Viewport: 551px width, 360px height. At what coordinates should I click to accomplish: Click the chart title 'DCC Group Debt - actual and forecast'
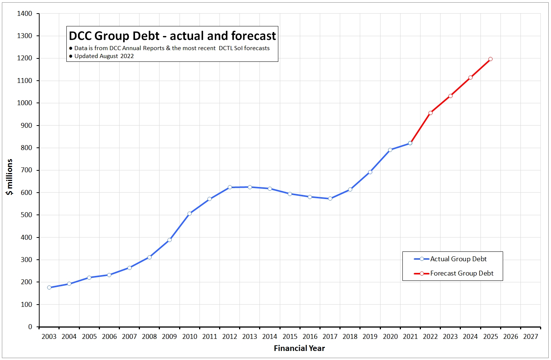(172, 36)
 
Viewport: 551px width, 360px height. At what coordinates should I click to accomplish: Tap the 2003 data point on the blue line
(49, 287)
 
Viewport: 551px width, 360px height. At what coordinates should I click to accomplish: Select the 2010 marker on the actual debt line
(189, 213)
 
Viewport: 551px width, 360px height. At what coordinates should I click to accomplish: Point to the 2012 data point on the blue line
(230, 187)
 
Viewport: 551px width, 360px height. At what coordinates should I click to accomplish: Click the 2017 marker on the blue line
(330, 198)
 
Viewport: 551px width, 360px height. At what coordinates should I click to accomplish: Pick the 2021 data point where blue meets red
(410, 143)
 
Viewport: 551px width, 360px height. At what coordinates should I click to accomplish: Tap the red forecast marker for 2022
(430, 113)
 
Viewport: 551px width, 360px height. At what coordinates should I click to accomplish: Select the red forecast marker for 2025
(490, 59)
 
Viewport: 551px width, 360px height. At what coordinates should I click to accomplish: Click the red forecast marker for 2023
(450, 96)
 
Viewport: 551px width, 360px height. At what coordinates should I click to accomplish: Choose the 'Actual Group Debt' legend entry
(458, 259)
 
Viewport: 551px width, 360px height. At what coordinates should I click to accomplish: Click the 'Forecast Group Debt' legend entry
(462, 273)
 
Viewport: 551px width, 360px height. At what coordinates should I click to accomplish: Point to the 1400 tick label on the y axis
(25, 14)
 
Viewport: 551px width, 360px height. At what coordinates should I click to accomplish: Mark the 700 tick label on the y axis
(26, 170)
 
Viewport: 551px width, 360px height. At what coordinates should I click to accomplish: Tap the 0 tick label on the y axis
(30, 327)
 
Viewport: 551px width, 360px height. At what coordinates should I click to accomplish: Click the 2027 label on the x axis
(530, 337)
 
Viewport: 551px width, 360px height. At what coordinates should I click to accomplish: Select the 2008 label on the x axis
(149, 337)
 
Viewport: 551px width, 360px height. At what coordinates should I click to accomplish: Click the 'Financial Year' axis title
(299, 348)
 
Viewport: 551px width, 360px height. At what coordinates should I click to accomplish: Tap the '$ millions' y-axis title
(9, 177)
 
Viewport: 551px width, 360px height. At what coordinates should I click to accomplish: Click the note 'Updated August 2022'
(104, 56)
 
